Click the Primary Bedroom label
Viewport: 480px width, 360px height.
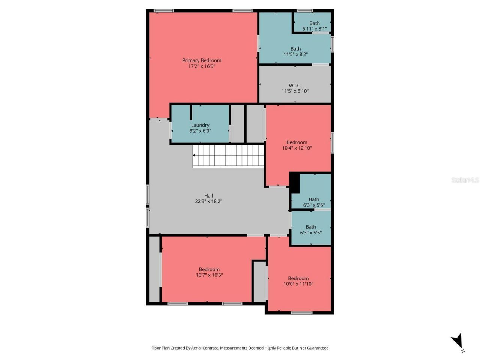201,60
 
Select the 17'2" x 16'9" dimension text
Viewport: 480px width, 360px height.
201,66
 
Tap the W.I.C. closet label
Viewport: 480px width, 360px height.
295,85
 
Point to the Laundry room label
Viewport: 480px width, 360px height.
200,125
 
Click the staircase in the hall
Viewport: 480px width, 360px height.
229,156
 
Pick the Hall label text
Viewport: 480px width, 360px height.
208,196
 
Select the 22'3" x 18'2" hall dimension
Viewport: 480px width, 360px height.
208,201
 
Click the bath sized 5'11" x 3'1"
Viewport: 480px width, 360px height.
314,26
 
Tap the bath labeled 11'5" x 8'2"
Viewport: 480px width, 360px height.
295,51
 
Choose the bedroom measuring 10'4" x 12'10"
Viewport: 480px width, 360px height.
297,145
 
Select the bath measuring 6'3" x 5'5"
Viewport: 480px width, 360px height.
311,229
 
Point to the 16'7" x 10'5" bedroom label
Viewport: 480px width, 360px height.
209,272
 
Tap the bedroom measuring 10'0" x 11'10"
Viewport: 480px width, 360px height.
298,281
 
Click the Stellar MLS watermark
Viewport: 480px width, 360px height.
465,180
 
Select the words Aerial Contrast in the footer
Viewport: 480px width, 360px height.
205,348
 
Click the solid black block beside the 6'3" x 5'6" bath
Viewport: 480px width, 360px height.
295,183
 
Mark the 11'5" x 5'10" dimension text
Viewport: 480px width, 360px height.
295,91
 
